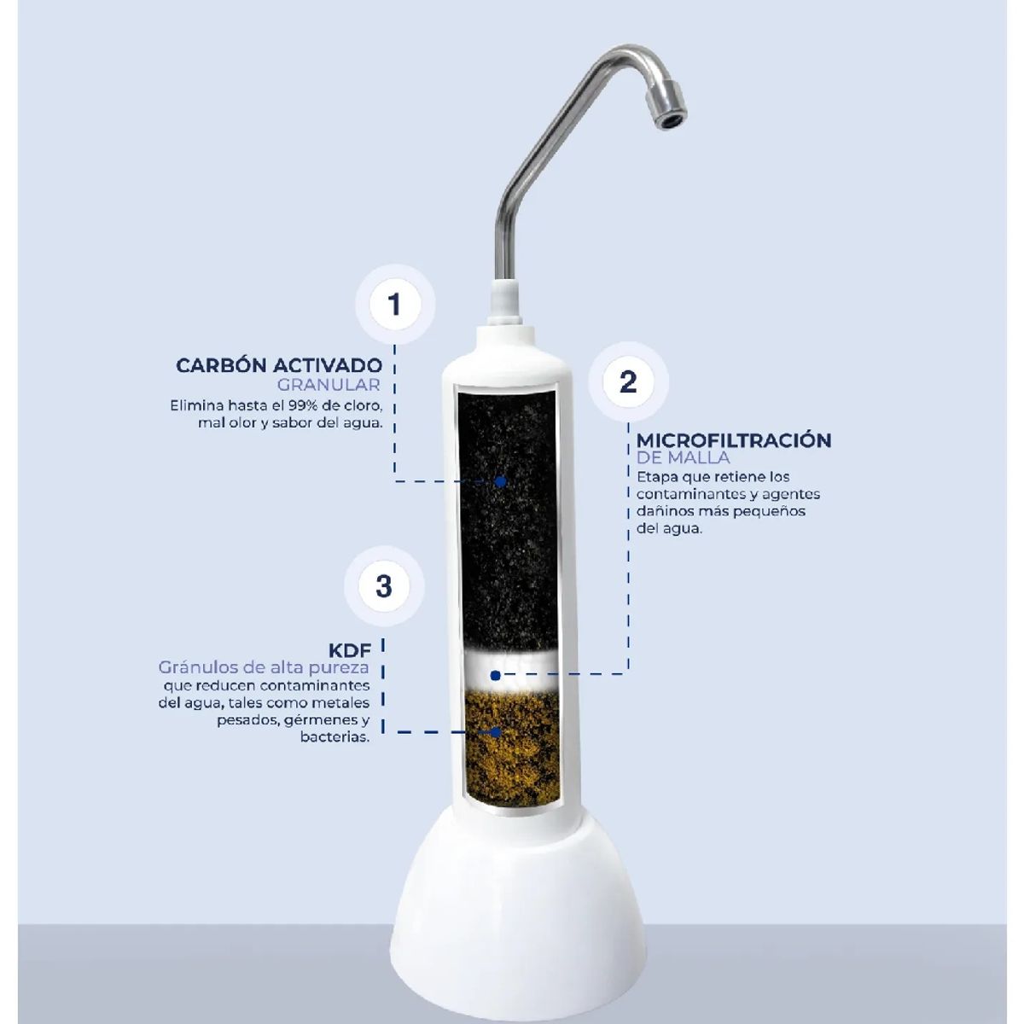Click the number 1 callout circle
click(393, 305)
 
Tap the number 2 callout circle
click(628, 381)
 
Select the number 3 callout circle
click(383, 586)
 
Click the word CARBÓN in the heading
click(220, 366)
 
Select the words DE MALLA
click(684, 458)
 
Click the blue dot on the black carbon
click(501, 481)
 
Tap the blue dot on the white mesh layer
click(496, 674)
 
